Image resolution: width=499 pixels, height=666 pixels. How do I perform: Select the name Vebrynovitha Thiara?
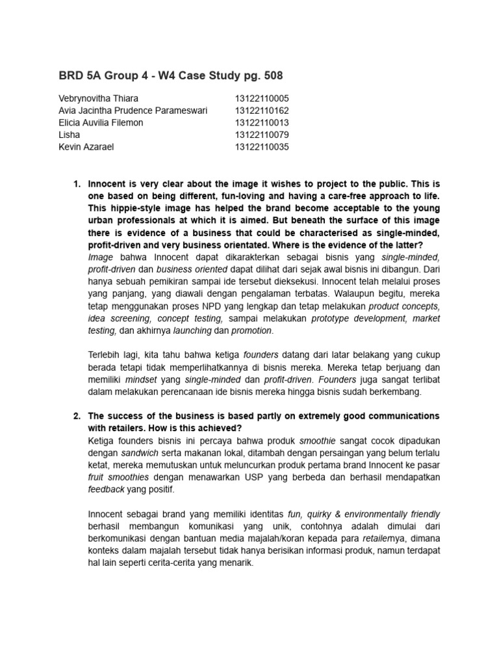[98, 98]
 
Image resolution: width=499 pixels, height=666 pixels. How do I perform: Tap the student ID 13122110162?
[262, 111]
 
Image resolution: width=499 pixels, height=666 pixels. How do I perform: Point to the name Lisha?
[70, 135]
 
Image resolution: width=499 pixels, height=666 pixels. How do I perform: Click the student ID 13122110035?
[262, 147]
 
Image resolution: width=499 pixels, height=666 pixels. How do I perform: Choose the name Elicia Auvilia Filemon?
[101, 123]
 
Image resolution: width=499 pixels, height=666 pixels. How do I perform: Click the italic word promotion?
[251, 330]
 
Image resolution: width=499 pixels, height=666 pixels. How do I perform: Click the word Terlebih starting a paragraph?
[107, 355]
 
